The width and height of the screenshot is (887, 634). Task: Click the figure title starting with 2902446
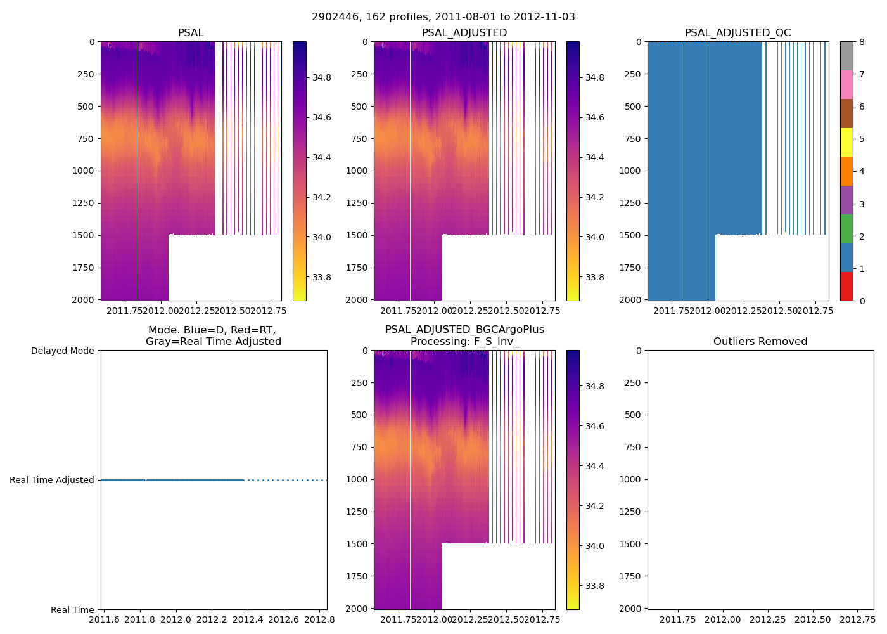click(x=443, y=17)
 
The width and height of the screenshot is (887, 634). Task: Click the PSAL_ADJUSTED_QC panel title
click(x=737, y=33)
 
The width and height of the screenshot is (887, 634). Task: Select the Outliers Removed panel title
click(x=760, y=342)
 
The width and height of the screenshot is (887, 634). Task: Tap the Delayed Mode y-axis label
click(x=62, y=351)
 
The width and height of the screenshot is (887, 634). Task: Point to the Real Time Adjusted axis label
click(x=52, y=481)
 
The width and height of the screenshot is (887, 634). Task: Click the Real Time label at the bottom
click(x=72, y=610)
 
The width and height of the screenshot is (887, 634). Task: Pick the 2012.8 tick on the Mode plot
click(x=319, y=619)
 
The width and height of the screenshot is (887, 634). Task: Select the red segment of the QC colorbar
click(x=846, y=286)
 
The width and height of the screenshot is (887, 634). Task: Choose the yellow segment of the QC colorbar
click(x=846, y=142)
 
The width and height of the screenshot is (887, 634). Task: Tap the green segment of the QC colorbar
click(x=846, y=228)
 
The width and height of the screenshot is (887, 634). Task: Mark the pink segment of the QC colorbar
click(x=846, y=84)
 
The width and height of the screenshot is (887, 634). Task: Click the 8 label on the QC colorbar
click(x=861, y=42)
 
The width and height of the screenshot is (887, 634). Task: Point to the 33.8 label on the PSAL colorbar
click(x=322, y=277)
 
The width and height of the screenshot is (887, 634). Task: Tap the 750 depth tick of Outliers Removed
click(x=634, y=447)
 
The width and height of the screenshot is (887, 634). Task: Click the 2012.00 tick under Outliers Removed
click(x=723, y=619)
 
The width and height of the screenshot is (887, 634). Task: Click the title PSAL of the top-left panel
click(x=191, y=33)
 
